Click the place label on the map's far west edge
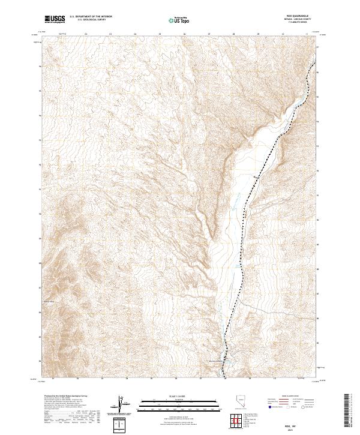[x=49, y=302]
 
